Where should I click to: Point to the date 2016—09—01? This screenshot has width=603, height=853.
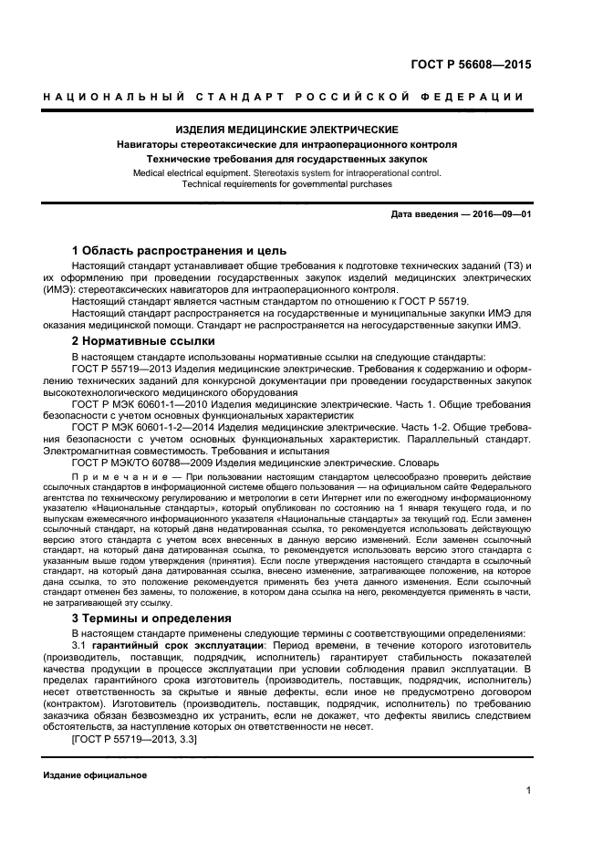point(501,213)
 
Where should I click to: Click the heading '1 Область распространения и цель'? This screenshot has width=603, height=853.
point(179,250)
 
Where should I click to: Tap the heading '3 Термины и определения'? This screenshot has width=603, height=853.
point(151,618)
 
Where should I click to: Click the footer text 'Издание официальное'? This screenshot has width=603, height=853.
point(95,775)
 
